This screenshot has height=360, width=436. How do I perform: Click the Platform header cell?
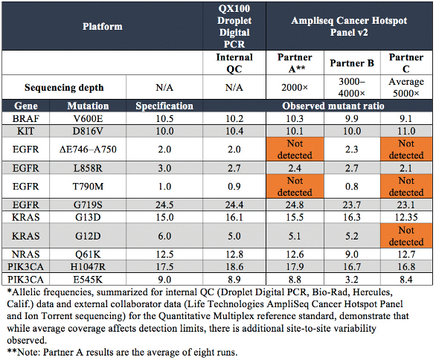point(103,27)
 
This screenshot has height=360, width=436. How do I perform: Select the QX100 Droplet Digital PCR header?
point(234,27)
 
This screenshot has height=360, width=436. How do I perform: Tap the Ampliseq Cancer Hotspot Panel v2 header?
point(349,27)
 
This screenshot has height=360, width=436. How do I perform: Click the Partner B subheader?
point(352,63)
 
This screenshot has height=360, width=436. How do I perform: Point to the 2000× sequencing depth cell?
point(295,88)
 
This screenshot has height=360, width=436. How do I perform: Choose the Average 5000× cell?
point(406,87)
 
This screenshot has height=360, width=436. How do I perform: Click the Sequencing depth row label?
point(64,88)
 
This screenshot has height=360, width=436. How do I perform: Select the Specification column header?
point(164,106)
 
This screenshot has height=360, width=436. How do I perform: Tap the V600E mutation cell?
point(88,119)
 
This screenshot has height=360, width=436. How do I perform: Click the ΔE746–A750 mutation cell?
point(88,150)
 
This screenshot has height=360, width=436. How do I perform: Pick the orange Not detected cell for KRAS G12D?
point(406,236)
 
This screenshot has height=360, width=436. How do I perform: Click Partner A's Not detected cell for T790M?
point(295,186)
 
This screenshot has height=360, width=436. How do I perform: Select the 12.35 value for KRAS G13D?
point(406,217)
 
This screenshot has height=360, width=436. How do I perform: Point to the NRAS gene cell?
point(25,254)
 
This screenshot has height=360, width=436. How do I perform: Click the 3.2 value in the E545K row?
point(352,279)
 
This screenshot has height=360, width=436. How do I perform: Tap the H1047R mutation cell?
point(88,266)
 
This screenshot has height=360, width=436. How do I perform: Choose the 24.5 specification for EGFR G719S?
point(164,205)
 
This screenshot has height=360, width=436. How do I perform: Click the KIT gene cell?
point(25,131)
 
